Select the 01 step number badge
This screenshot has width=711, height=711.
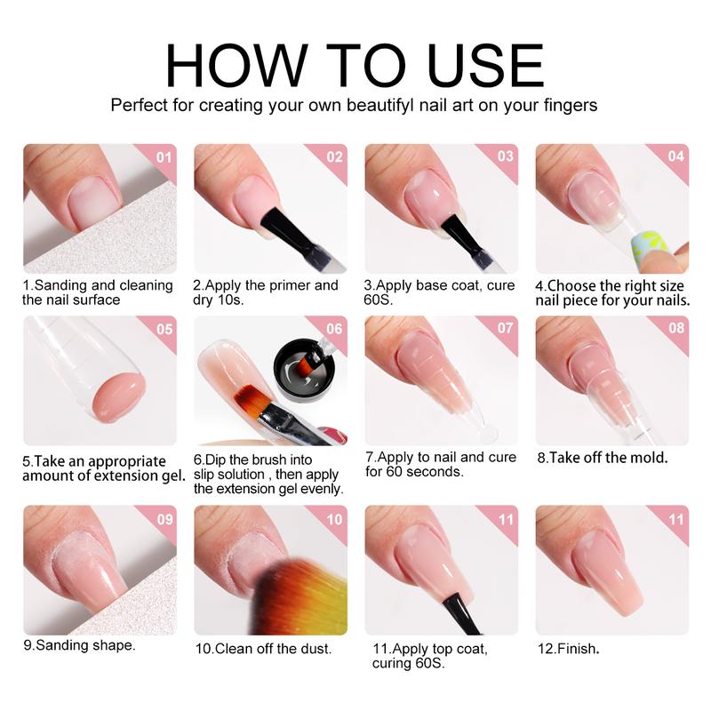[162, 157]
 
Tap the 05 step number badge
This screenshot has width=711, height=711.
[162, 329]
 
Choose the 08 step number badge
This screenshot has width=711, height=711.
[675, 329]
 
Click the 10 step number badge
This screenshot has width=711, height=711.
[333, 518]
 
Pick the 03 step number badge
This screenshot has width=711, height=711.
[504, 157]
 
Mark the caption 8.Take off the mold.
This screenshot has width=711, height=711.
[602, 459]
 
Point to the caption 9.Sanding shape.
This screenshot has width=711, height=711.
[79, 645]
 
